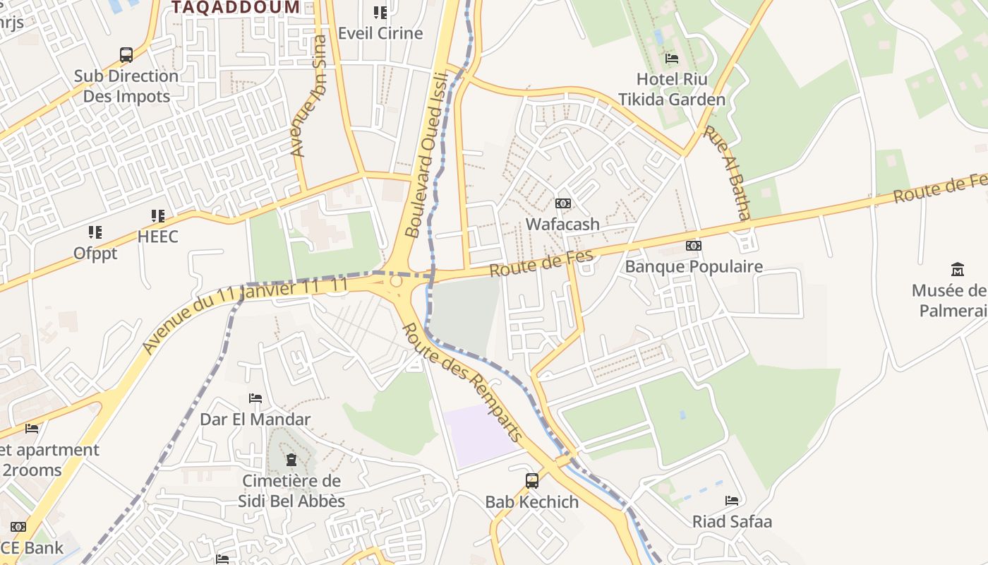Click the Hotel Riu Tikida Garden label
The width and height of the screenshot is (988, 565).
pyautogui.click(x=672, y=89)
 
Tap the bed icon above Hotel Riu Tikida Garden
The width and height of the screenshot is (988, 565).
pyautogui.click(x=672, y=59)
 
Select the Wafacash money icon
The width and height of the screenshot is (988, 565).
pyautogui.click(x=562, y=203)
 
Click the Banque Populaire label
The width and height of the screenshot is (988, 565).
pyautogui.click(x=694, y=266)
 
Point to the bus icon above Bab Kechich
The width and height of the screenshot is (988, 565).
pyautogui.click(x=532, y=481)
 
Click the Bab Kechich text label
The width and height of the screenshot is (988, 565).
pyautogui.click(x=531, y=502)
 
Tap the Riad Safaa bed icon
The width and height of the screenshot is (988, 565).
pyautogui.click(x=732, y=501)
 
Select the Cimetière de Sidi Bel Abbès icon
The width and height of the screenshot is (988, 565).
pyautogui.click(x=291, y=460)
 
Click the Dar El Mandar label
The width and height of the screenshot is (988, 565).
pyautogui.click(x=255, y=419)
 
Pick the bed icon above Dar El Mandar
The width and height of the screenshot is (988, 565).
pyautogui.click(x=255, y=399)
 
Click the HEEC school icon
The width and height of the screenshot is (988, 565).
pyautogui.click(x=158, y=216)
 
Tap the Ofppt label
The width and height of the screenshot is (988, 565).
pyautogui.click(x=95, y=253)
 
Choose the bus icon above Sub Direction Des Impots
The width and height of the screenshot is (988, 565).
pyautogui.click(x=126, y=55)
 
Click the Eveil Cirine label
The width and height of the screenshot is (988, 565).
pyautogui.click(x=380, y=33)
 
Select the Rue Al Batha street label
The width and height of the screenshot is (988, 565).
pyautogui.click(x=727, y=173)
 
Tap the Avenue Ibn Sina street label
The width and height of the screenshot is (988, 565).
pyautogui.click(x=309, y=96)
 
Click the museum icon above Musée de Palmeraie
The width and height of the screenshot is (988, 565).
pyautogui.click(x=958, y=269)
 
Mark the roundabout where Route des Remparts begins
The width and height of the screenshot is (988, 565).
pyautogui.click(x=396, y=281)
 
